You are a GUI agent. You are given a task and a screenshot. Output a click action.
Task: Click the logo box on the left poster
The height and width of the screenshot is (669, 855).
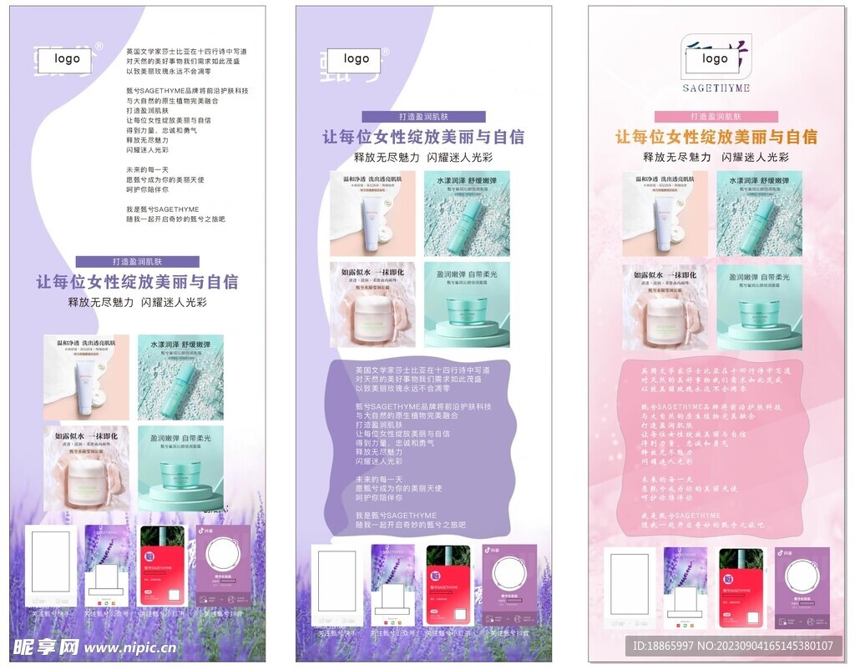click(x=68, y=59)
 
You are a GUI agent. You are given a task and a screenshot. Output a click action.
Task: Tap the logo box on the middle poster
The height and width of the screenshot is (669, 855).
click(x=356, y=59)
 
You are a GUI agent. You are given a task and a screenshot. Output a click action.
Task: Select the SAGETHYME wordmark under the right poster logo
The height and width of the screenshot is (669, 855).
click(x=716, y=88)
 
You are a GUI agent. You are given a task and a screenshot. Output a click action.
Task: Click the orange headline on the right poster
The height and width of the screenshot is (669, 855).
click(x=716, y=137)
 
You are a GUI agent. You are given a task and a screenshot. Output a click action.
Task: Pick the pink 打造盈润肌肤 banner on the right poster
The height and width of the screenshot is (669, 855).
click(x=716, y=117)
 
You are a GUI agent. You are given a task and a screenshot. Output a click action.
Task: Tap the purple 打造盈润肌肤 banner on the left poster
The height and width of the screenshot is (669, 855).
click(x=138, y=261)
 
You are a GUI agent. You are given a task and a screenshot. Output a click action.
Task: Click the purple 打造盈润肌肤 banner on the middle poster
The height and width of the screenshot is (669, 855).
click(x=423, y=117)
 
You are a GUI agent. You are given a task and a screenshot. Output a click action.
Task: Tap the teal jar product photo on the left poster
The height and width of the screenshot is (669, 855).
click(x=180, y=468)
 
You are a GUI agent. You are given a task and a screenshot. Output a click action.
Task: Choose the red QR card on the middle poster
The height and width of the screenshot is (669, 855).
click(x=448, y=585)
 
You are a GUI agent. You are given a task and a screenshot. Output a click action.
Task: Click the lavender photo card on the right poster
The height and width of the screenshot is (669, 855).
click(x=685, y=587)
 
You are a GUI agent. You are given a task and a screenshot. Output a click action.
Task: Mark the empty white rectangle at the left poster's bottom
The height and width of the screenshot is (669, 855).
click(x=50, y=561)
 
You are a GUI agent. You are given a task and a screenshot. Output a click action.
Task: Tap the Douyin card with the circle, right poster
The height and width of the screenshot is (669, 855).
click(x=802, y=587)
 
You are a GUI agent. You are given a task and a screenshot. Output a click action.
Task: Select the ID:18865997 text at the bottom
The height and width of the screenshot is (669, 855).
click(x=664, y=646)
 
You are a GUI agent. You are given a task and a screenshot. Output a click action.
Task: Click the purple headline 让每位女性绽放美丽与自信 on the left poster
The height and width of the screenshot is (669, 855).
click(x=137, y=282)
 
